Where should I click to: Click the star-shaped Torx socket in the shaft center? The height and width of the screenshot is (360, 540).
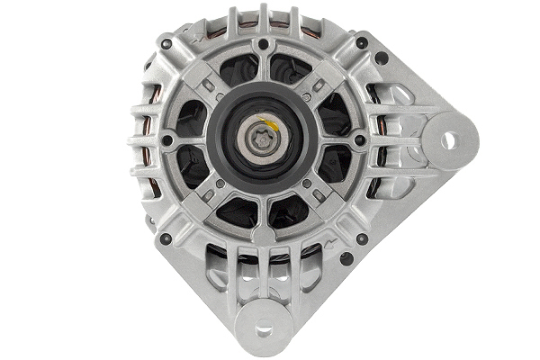coord(262,140)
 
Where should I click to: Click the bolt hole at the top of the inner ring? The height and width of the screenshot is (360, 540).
coord(263,43)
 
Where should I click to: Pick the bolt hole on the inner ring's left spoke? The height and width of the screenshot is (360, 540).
coord(166,140)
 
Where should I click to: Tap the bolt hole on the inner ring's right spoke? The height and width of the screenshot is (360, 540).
coord(360,140)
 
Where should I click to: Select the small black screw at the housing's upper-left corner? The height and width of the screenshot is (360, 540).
coord(164,43)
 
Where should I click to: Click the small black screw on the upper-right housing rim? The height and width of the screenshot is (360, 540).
coord(362,43)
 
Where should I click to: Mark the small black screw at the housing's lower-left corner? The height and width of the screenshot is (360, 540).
coord(165,238)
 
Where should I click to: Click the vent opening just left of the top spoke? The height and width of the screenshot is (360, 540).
coord(237,70)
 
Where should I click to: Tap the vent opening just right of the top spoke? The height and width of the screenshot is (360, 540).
coord(290,70)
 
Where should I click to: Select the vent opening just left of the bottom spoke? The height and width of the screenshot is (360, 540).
coord(237,211)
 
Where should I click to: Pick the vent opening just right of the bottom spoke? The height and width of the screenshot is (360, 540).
coord(290,211)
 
